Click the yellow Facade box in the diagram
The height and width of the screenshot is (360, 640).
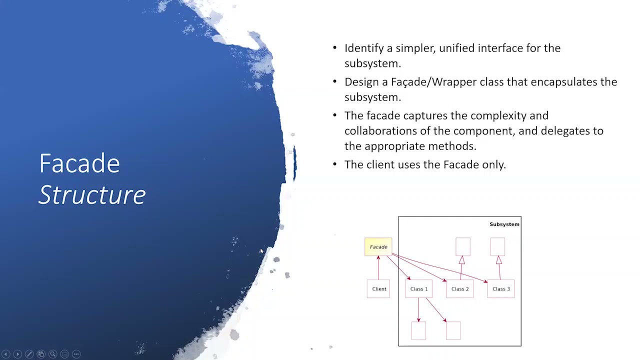(x=378, y=247)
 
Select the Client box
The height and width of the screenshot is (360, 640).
(x=378, y=289)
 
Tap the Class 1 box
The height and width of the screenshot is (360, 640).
(x=418, y=289)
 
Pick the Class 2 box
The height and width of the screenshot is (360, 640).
(x=459, y=289)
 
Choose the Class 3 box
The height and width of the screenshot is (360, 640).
(x=500, y=289)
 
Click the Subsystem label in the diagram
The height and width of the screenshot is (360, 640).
(x=504, y=224)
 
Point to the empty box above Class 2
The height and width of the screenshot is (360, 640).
(x=462, y=246)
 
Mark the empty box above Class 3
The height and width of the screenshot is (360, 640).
(x=497, y=246)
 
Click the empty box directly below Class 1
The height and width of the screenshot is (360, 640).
(x=418, y=331)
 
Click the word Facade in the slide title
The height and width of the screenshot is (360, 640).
(x=79, y=163)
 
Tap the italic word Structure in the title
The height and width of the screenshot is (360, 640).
(x=92, y=195)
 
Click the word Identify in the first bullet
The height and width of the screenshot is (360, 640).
(x=363, y=48)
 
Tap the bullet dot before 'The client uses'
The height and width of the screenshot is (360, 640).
(x=335, y=164)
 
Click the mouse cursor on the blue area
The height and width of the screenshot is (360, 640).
(x=261, y=251)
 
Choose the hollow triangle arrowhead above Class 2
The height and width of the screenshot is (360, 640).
(x=461, y=260)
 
